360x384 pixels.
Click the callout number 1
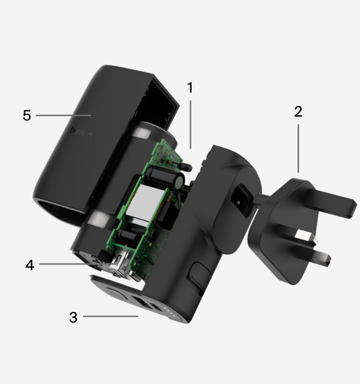pos(190,87)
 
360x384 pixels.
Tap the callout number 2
pos(298,111)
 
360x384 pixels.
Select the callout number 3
pos(73,317)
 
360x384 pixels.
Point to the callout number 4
pos(30,265)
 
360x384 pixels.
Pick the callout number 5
pos(27,115)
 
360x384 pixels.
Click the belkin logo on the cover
pos(81,132)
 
